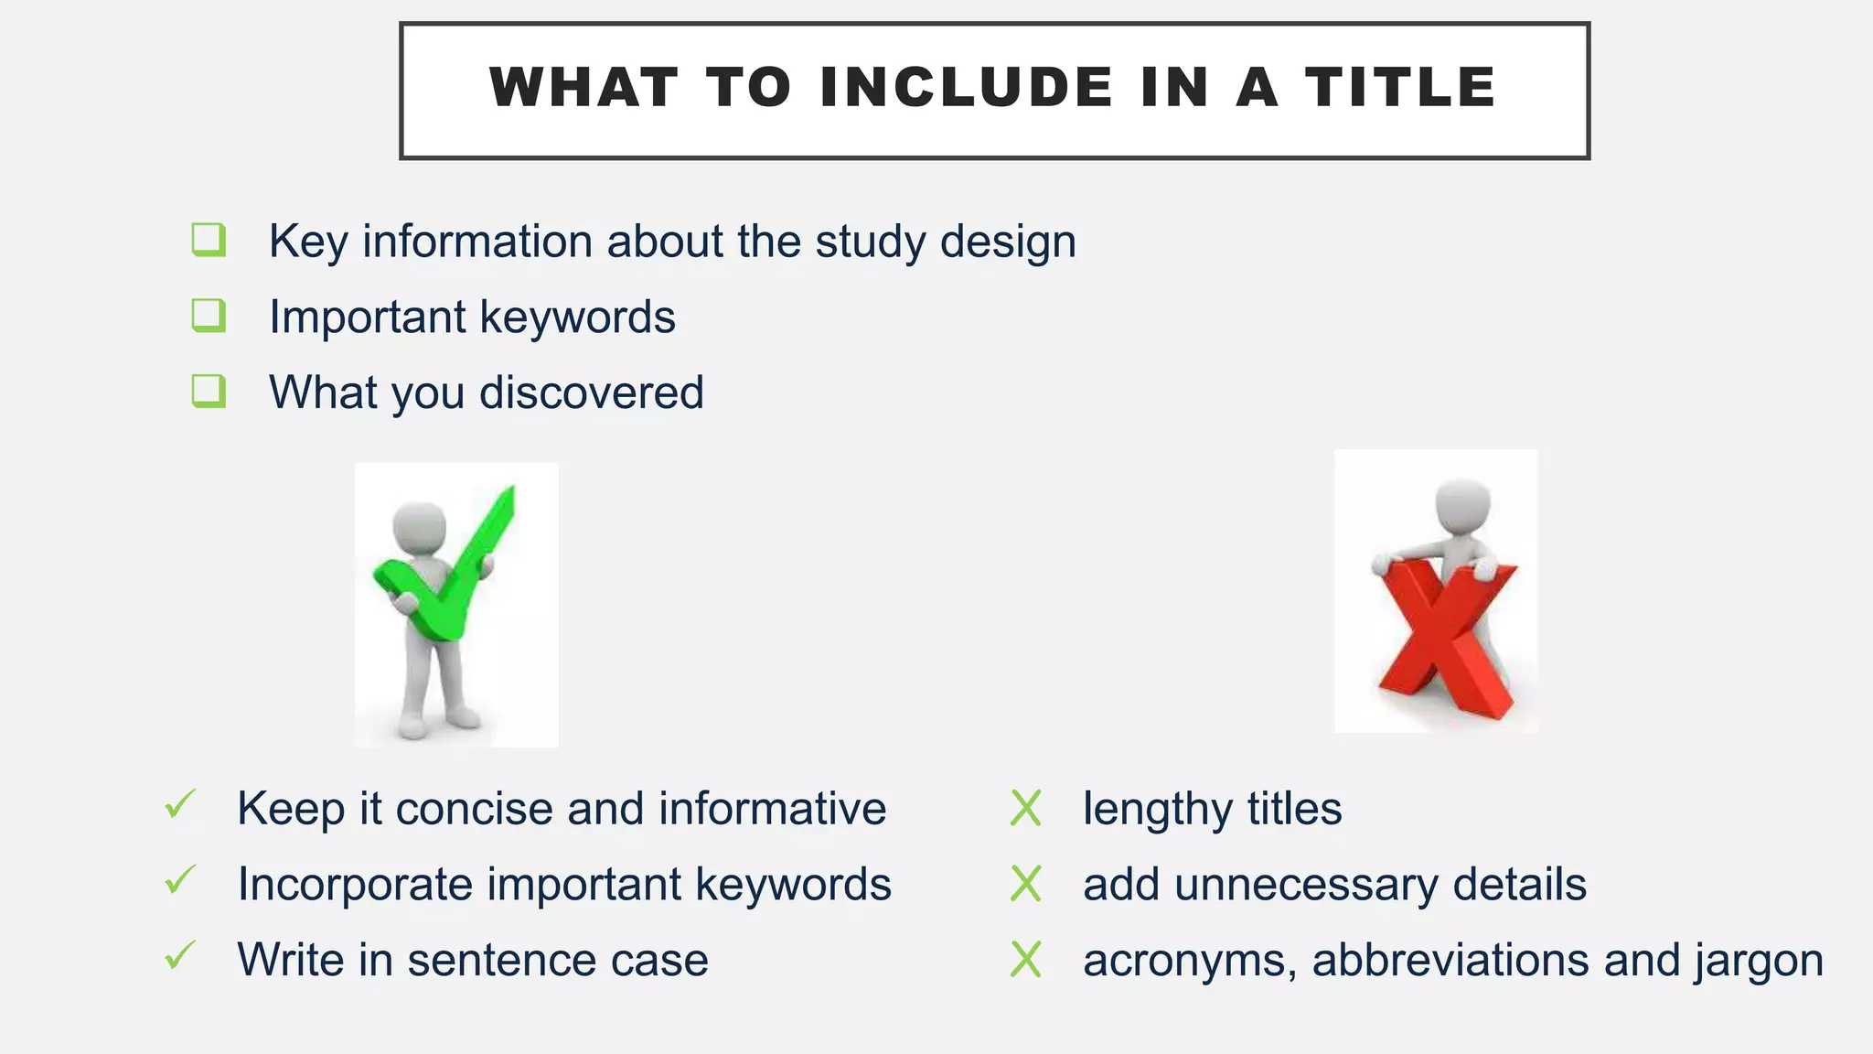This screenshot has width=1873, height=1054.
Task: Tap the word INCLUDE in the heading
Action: tap(967, 88)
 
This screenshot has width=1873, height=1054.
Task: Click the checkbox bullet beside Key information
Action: tap(209, 240)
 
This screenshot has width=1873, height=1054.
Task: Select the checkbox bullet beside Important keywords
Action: tap(209, 316)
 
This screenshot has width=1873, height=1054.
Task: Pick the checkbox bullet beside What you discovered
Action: tap(209, 392)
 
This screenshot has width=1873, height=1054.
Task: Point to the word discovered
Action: tap(592, 393)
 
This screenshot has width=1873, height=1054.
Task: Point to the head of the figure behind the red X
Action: tap(1462, 504)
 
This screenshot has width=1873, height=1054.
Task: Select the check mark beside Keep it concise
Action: tap(180, 805)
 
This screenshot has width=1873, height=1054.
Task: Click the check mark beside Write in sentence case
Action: tap(180, 956)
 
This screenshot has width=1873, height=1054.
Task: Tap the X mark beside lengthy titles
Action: tap(1025, 809)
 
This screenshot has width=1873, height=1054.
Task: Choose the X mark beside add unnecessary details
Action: tap(1025, 885)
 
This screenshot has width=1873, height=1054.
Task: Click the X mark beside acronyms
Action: tap(1025, 961)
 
